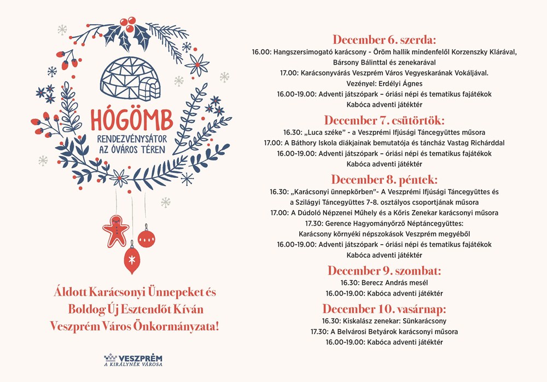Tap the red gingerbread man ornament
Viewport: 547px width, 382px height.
115,230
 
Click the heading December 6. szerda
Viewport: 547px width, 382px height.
385,39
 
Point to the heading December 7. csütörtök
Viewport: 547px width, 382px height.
384,120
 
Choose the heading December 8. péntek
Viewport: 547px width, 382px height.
384,179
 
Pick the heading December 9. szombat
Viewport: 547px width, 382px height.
384,270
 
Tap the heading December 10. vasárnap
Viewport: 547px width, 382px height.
384,308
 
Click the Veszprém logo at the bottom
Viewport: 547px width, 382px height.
133,359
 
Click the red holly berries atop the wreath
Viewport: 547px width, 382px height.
129,24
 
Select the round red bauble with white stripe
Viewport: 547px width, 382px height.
146,238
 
